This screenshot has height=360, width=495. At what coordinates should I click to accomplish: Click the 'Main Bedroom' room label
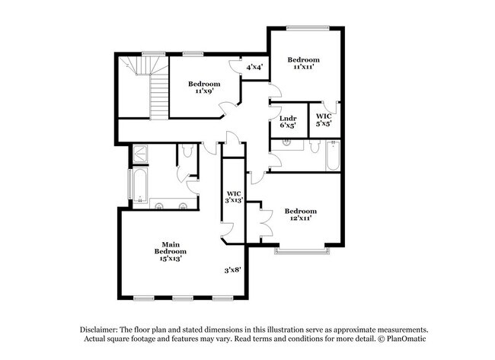[x=170, y=247]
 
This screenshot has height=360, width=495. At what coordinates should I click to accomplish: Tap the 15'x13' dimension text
[x=170, y=260]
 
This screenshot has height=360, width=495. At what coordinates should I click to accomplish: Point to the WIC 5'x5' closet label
[x=324, y=117]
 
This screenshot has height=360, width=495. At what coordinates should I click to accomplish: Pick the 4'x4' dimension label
[x=254, y=67]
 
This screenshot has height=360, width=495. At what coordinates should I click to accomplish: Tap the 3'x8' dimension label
[x=233, y=269]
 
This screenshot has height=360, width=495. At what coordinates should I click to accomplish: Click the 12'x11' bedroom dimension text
[x=301, y=218]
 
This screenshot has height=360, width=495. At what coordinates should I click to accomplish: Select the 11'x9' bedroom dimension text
[x=204, y=91]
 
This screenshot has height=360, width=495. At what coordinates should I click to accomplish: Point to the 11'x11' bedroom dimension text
[x=303, y=66]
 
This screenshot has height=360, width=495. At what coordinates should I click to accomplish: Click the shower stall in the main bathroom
[x=140, y=155]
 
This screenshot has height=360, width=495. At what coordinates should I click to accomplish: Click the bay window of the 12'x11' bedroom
[x=303, y=250]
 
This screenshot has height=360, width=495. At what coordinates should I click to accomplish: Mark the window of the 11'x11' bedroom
[x=308, y=29]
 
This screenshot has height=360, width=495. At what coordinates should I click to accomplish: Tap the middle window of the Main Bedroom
[x=183, y=297]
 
